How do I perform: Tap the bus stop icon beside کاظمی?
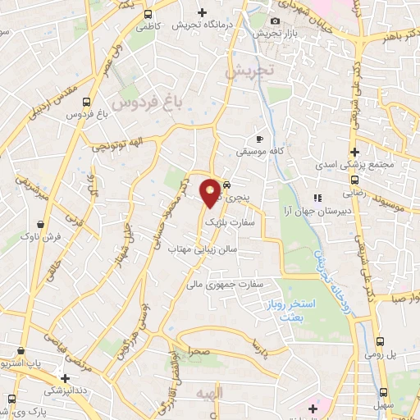(x=147, y=15)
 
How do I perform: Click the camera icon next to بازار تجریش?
(x=274, y=21)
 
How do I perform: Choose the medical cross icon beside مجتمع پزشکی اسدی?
(x=354, y=152)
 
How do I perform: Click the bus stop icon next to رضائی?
(x=354, y=180)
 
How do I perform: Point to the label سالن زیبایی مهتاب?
(x=203, y=248)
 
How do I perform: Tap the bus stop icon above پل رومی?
(x=380, y=341)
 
